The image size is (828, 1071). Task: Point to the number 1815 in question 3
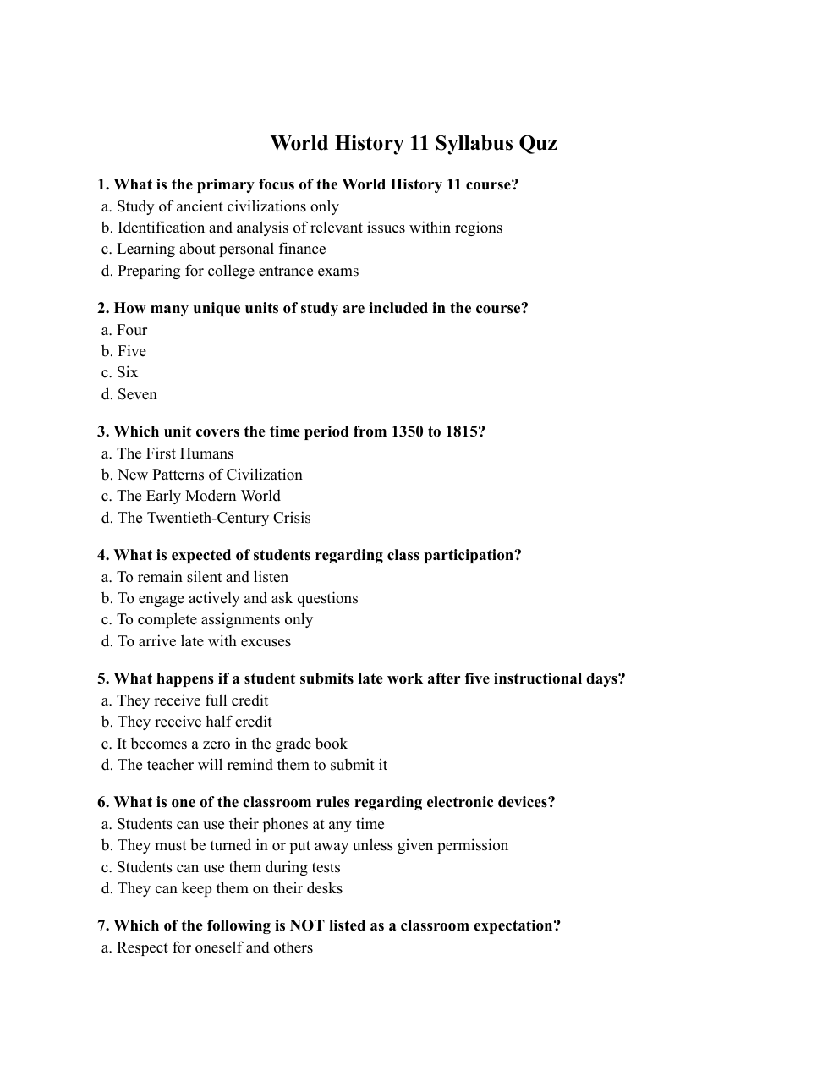[464, 431]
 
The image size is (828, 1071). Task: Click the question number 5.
[102, 678]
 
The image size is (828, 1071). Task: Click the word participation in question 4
[473, 555]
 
